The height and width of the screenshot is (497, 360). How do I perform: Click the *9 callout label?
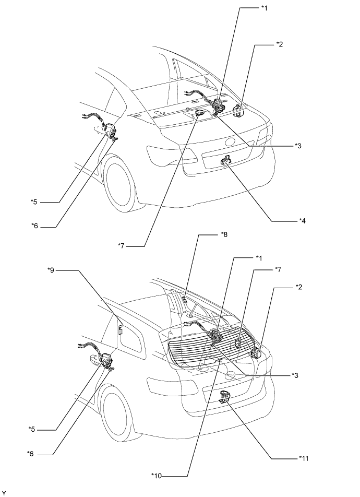[51, 270]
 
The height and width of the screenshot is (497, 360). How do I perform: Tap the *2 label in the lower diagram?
[298, 287]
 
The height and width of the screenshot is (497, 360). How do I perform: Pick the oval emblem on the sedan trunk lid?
[230, 141]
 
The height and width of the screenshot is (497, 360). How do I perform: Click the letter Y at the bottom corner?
[5, 493]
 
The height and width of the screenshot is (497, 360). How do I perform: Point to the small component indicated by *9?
[120, 329]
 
